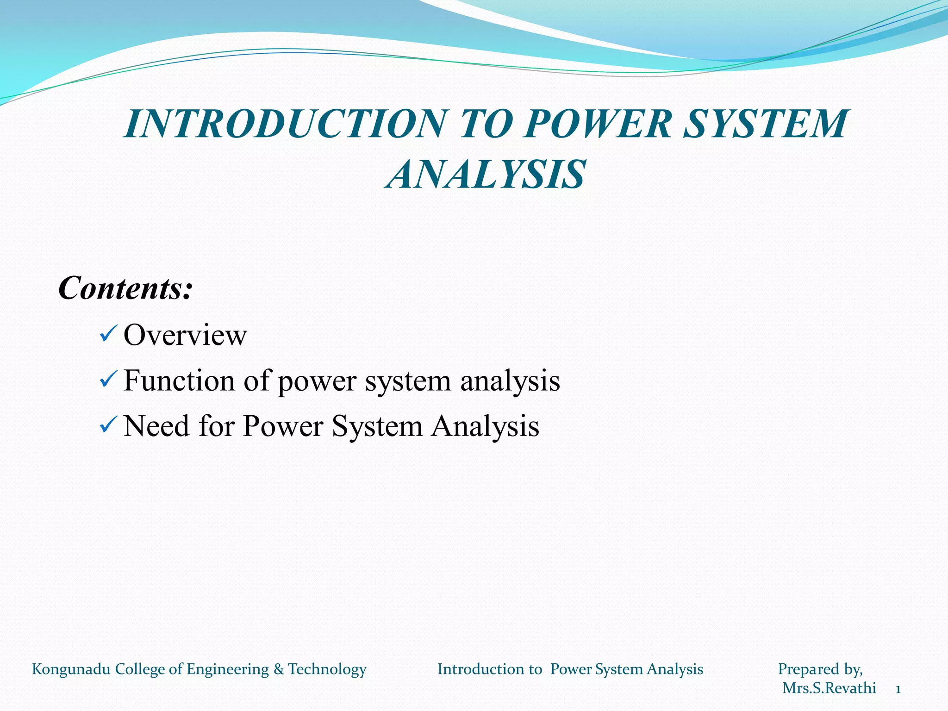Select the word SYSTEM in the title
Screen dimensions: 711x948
tap(766, 124)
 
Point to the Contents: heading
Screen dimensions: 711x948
tap(125, 288)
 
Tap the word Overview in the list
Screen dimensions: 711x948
tap(185, 335)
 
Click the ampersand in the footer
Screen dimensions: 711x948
tap(278, 669)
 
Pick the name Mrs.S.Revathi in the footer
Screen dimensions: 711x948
tap(829, 688)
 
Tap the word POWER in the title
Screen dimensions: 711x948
tap(598, 124)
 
